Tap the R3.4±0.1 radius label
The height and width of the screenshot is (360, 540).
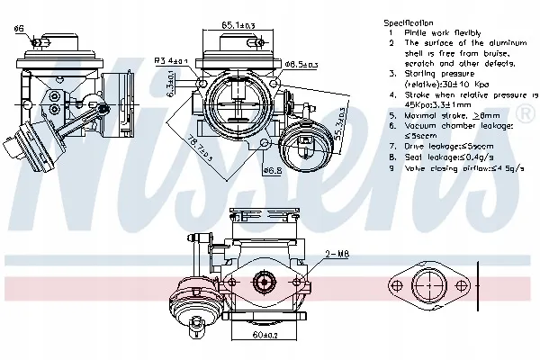click(171, 60)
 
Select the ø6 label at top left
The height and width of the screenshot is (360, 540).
click(18, 29)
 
